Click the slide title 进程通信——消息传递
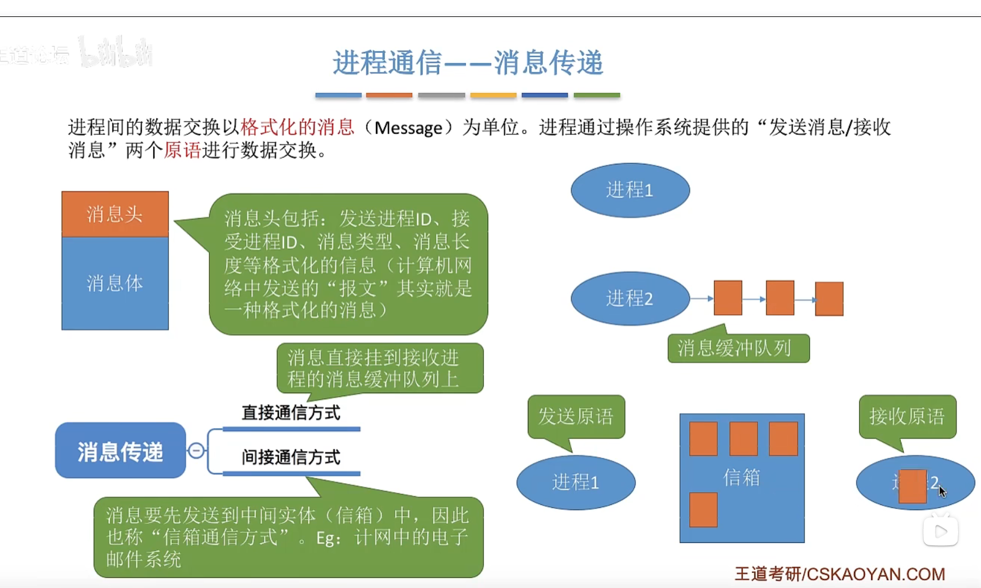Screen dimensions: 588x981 [468, 63]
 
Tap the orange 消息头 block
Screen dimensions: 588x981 [115, 214]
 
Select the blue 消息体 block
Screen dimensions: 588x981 [115, 283]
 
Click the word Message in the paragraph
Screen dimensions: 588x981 [408, 128]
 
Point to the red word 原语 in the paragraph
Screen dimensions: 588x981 [182, 150]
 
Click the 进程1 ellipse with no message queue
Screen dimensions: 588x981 [630, 190]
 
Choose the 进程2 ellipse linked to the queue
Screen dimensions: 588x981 [630, 298]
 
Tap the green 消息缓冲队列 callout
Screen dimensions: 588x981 [738, 349]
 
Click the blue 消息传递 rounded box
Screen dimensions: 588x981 [120, 451]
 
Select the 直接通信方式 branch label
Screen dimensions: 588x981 [291, 413]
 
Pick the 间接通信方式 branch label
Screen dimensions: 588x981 [291, 457]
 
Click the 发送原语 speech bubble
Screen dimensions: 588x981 [576, 416]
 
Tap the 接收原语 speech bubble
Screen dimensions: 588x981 [907, 416]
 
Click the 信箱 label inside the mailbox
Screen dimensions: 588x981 [742, 477]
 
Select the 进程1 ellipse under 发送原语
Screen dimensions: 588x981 [576, 482]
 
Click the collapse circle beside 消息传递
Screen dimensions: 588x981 [196, 451]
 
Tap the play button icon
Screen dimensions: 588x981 [941, 531]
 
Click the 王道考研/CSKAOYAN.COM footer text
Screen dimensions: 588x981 [840, 574]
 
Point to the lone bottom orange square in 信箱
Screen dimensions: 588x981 [703, 510]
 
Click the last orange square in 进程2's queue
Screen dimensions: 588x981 [829, 298]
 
